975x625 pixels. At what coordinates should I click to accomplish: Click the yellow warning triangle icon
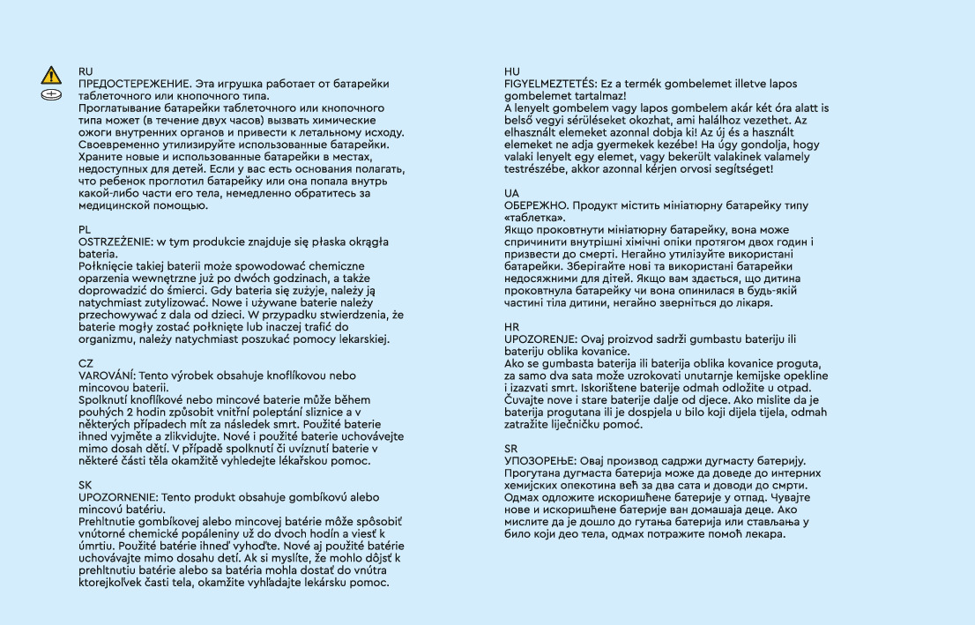tap(52, 74)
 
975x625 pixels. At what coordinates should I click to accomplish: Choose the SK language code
tap(86, 485)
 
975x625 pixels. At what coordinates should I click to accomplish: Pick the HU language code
tap(512, 71)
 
